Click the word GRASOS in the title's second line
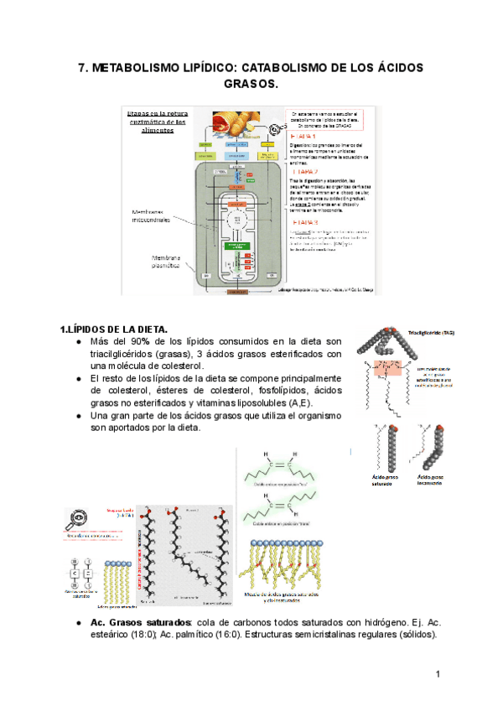click(x=251, y=86)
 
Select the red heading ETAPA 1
click(x=303, y=135)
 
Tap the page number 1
click(x=438, y=675)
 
